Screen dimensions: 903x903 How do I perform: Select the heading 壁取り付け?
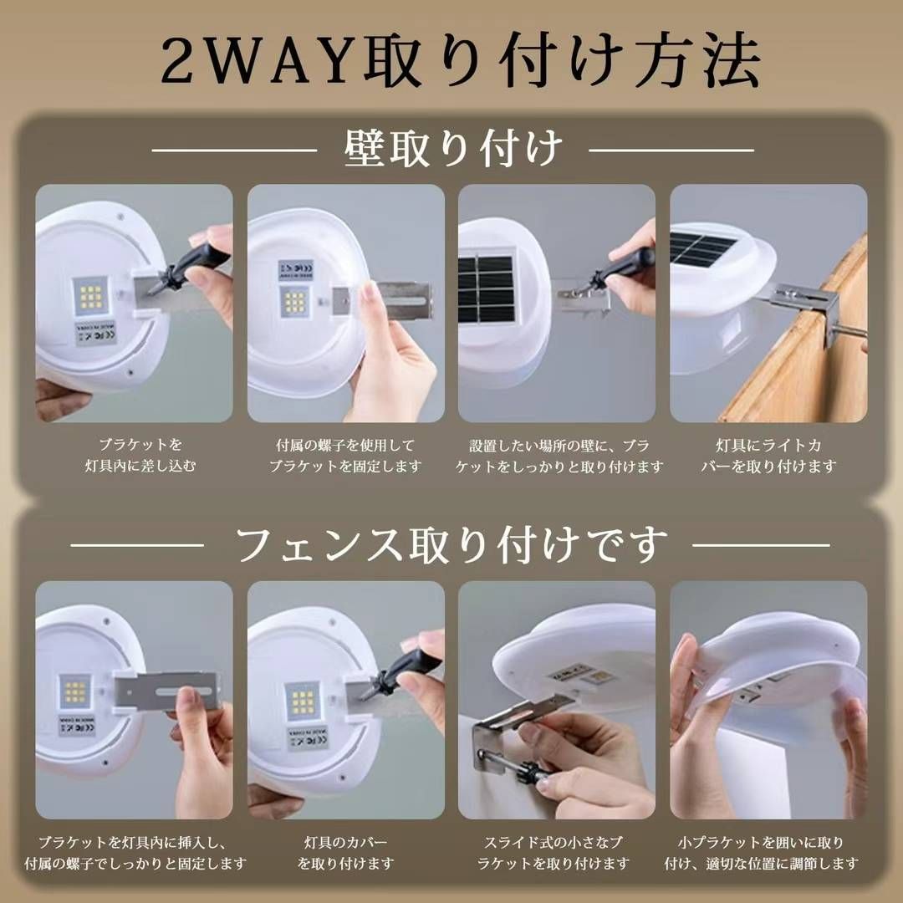452,149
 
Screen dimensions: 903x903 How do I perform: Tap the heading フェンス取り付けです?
451,545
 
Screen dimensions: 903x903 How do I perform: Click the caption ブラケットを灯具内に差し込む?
140,455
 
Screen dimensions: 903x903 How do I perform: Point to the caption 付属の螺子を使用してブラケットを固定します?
345,455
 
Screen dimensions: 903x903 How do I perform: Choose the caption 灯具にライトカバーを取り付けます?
769,455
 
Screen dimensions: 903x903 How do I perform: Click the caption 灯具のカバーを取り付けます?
345,853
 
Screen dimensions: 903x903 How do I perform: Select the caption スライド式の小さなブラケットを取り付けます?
554,853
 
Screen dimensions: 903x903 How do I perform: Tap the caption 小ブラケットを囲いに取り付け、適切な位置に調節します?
762,853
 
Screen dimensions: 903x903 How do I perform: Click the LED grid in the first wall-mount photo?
91,296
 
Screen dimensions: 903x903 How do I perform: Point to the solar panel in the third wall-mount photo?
486,288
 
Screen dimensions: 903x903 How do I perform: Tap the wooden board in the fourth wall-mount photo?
806,334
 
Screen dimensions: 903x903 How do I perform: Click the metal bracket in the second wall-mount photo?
382,299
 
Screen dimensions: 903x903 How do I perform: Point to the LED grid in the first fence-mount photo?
75,692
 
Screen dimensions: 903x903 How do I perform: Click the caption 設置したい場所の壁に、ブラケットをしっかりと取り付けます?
559,455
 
